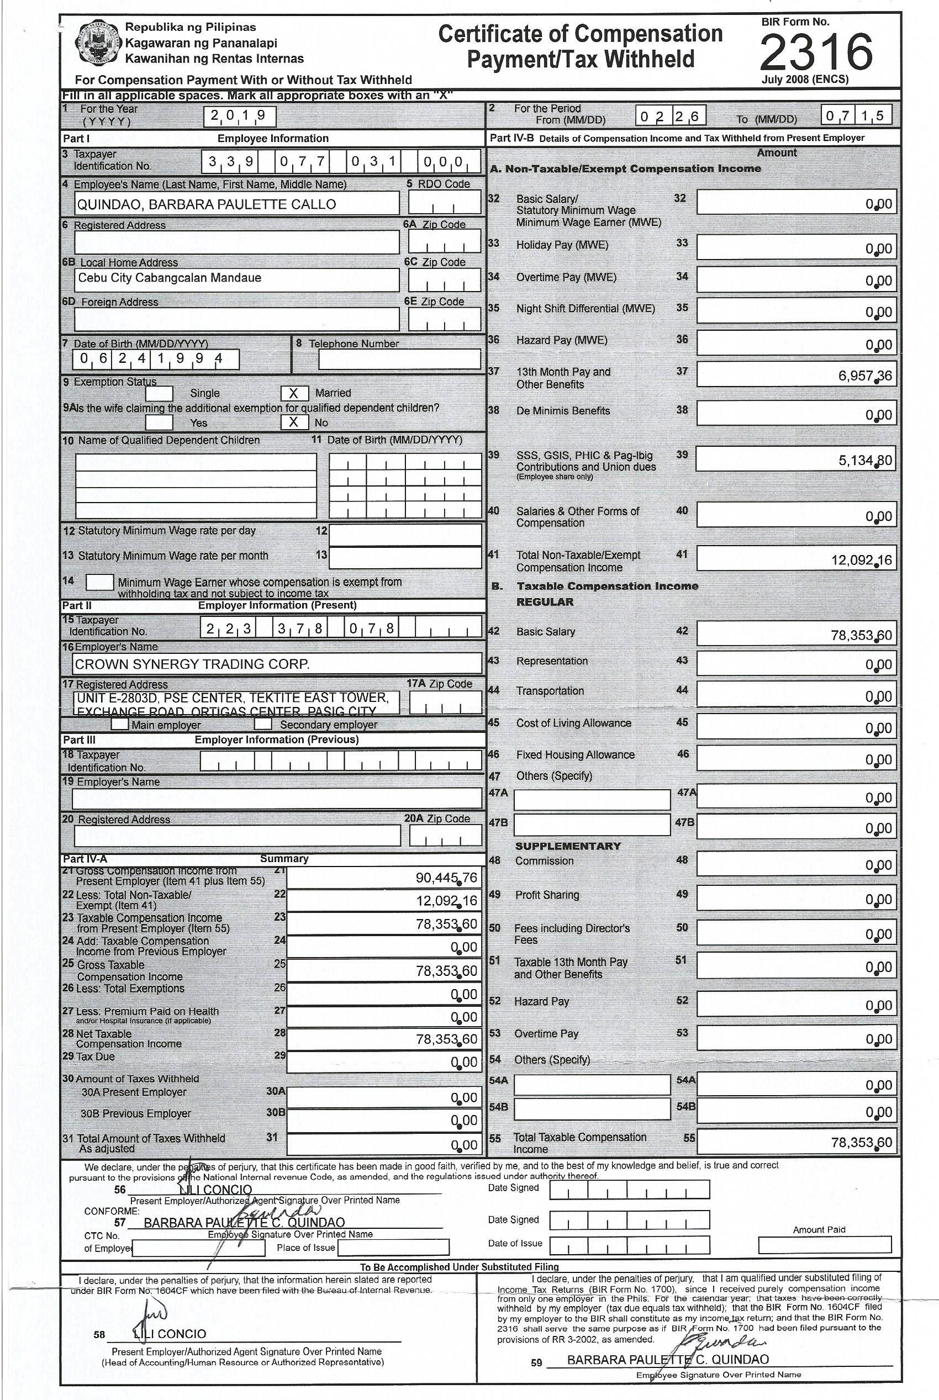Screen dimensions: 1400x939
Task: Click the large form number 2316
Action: tap(816, 51)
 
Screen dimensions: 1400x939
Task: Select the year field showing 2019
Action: tap(240, 115)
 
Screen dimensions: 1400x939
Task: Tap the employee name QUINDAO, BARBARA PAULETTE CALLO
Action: tap(207, 204)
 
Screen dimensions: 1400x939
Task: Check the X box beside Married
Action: tap(294, 393)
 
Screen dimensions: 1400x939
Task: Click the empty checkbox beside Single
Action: tap(159, 393)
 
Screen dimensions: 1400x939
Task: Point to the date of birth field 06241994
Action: tap(156, 360)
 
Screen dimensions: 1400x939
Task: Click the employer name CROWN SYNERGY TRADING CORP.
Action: tap(192, 663)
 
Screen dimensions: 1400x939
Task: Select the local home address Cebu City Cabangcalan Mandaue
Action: tap(170, 278)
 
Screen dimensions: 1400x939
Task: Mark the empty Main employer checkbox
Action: tap(120, 724)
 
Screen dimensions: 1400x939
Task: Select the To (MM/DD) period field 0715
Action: tap(856, 115)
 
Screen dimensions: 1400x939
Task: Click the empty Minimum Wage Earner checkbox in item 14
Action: tap(99, 582)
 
